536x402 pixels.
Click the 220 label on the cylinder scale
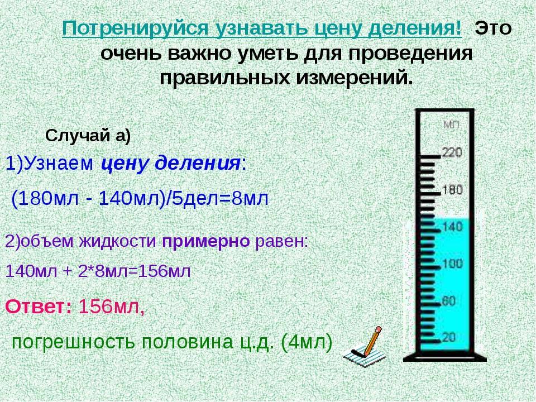click(x=452, y=152)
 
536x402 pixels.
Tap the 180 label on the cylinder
click(x=453, y=190)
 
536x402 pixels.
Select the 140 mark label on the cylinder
click(x=453, y=226)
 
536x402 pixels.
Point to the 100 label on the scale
click(x=453, y=264)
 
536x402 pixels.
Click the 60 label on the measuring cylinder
click(x=449, y=301)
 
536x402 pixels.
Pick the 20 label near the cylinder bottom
click(x=449, y=337)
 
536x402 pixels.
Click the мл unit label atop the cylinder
click(x=452, y=125)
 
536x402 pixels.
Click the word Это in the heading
click(x=493, y=28)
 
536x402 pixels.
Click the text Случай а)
click(x=88, y=136)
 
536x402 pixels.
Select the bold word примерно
click(x=206, y=242)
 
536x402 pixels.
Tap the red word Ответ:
click(x=39, y=307)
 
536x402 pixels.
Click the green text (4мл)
click(x=306, y=342)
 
